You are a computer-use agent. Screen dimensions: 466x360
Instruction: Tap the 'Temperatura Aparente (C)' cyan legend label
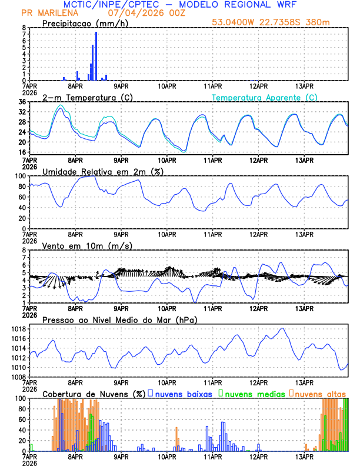[265, 97]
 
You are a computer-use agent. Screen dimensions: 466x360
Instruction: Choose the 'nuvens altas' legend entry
[320, 394]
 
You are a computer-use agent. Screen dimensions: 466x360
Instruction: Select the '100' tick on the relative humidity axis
[19, 176]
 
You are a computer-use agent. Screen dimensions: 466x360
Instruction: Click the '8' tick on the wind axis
[24, 250]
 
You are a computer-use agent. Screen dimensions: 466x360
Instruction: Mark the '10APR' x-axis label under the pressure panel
[167, 382]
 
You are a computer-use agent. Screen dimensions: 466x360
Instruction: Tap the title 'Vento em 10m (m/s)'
[87, 245]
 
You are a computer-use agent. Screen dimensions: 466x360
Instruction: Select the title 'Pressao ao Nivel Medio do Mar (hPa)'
[119, 319]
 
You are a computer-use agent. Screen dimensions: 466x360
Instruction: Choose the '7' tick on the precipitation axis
[24, 34]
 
